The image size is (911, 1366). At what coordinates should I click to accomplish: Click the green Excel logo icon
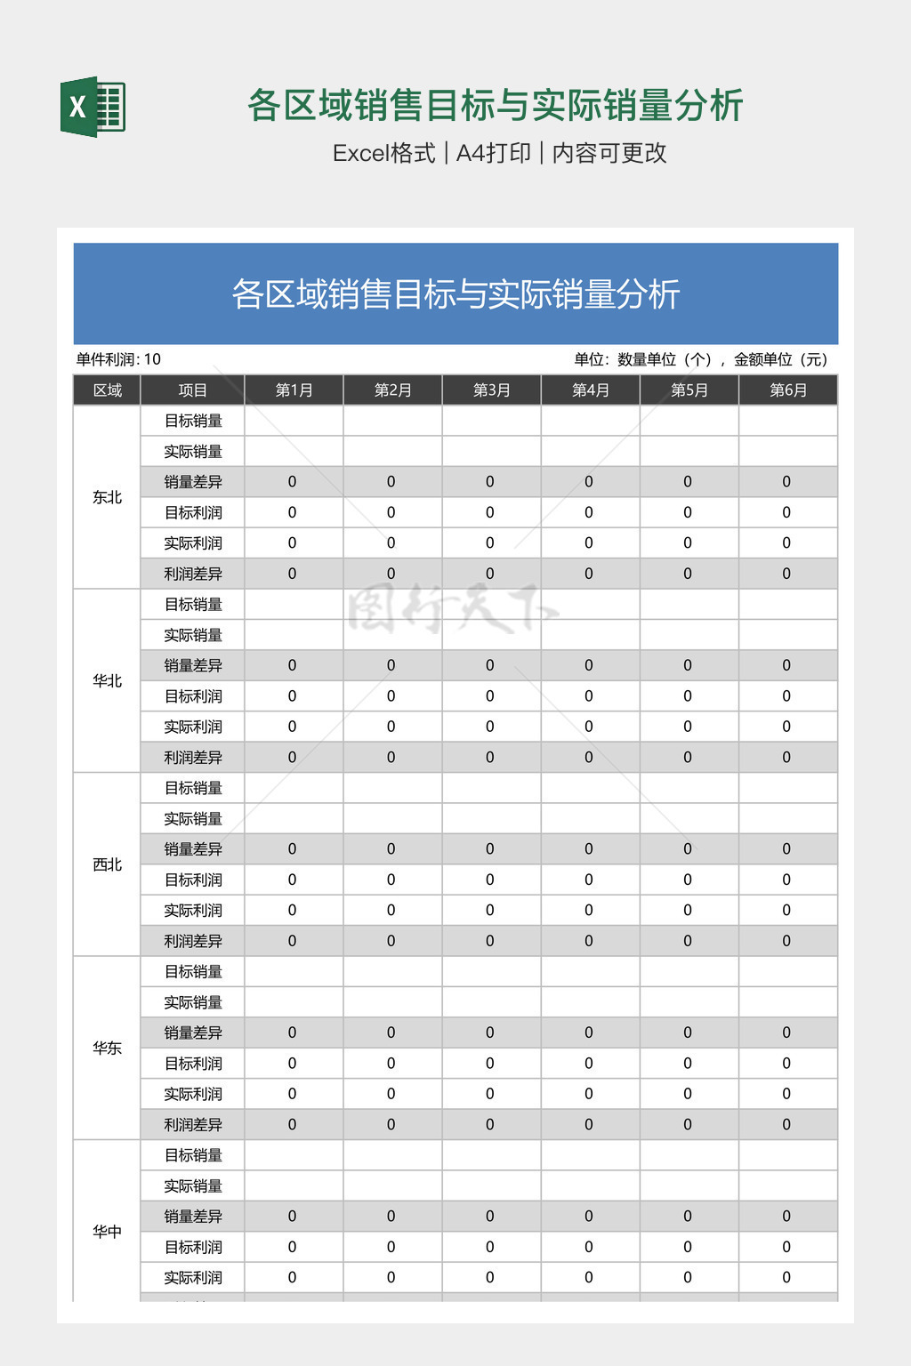93,107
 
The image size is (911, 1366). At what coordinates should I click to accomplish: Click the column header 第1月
294,390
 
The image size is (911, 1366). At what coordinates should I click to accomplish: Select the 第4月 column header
590,390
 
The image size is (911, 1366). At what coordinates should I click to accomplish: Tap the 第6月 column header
787,390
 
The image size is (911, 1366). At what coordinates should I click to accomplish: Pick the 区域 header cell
107,390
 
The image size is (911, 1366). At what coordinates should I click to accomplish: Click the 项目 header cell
192,390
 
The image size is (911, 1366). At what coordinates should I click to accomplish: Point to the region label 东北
107,497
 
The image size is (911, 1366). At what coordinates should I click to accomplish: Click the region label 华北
107,681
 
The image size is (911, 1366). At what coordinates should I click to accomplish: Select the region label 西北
107,864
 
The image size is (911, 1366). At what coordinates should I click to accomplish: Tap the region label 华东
107,1049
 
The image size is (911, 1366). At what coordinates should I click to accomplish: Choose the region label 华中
107,1232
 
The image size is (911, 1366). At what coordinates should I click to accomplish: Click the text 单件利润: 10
118,359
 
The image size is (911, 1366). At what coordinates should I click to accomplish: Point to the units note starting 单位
701,359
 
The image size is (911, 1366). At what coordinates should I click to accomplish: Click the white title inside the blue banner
455,294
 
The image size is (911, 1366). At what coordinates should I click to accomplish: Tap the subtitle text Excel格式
383,153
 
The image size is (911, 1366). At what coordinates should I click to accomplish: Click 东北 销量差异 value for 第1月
293,482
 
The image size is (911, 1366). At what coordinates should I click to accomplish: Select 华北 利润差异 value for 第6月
786,758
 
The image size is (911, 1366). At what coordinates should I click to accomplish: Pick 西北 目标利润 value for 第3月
490,880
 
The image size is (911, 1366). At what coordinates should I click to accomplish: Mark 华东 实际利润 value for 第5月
688,1094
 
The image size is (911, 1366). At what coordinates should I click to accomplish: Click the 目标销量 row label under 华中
193,1155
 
